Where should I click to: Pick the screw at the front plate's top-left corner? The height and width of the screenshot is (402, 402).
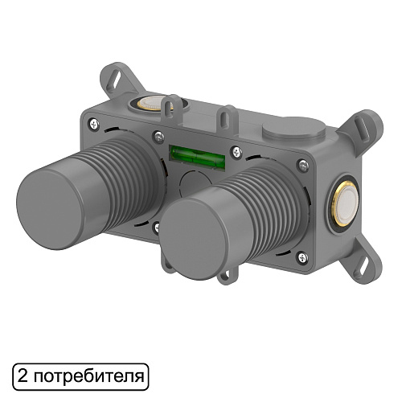pos(96,123)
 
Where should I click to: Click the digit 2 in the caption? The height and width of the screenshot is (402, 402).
pos(23,375)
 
